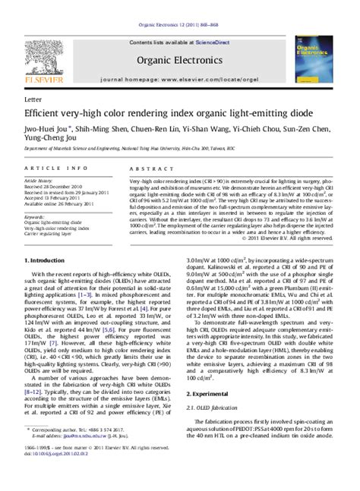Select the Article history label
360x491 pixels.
pyautogui.click(x=42, y=182)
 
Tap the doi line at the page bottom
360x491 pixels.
pyautogui.click(x=55, y=478)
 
